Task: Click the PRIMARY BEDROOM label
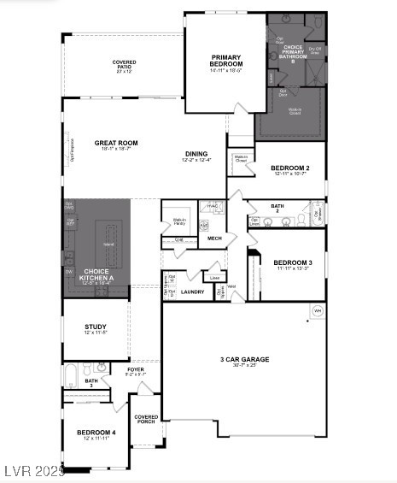[227, 61]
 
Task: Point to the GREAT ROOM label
[116, 143]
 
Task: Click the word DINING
[196, 154]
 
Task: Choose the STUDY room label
[95, 327]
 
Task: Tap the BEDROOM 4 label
[95, 433]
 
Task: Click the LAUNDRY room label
[192, 292]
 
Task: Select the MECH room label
[214, 239]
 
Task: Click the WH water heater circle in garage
[318, 309]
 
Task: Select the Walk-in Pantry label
[179, 221]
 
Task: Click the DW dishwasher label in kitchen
[68, 271]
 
